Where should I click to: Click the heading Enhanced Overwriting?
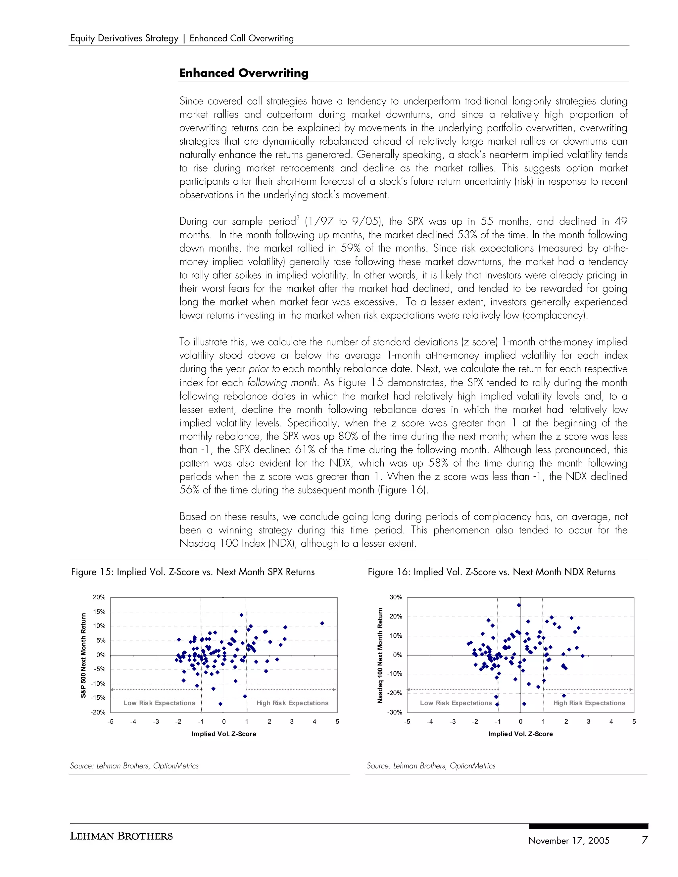coord(244,73)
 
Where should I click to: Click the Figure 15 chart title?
coord(193,572)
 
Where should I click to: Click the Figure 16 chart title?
coord(491,572)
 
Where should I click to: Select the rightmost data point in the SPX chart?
coord(322,623)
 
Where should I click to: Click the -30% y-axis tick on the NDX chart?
coord(396,713)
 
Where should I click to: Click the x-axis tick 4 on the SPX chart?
coord(315,721)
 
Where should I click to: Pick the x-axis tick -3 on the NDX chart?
coord(453,721)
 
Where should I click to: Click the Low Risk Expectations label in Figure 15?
coord(159,703)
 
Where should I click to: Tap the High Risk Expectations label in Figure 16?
coord(589,703)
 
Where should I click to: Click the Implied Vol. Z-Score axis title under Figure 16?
coord(520,734)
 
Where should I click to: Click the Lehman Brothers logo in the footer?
coord(121,836)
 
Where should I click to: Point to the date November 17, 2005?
coord(569,841)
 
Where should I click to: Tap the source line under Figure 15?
coord(134,766)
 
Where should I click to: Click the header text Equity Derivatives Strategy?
coord(124,38)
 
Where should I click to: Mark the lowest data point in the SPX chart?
coord(220,704)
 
